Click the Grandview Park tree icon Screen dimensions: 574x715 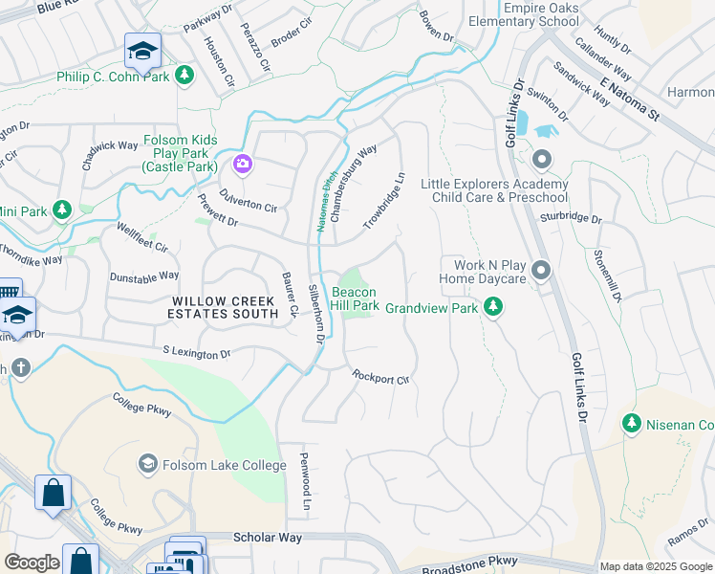click(x=493, y=307)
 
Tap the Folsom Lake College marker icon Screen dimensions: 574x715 click(x=146, y=465)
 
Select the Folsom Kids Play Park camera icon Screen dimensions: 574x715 click(x=243, y=165)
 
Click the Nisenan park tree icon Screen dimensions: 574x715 click(x=631, y=423)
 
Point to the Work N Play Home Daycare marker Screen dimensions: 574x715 click(x=541, y=272)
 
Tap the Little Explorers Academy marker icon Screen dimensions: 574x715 click(x=542, y=159)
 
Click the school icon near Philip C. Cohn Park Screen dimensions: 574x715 click(x=142, y=51)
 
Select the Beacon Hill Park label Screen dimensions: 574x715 click(x=355, y=298)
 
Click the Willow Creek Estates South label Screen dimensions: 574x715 click(x=219, y=307)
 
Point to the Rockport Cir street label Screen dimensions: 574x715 click(x=380, y=378)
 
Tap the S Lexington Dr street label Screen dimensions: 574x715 click(x=197, y=353)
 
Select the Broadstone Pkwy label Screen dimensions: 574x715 click(x=470, y=563)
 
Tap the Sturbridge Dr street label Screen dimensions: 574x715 click(x=571, y=217)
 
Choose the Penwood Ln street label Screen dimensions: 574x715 click(x=306, y=480)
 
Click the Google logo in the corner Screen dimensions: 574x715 click(x=32, y=563)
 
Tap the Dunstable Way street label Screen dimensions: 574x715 click(x=144, y=276)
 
